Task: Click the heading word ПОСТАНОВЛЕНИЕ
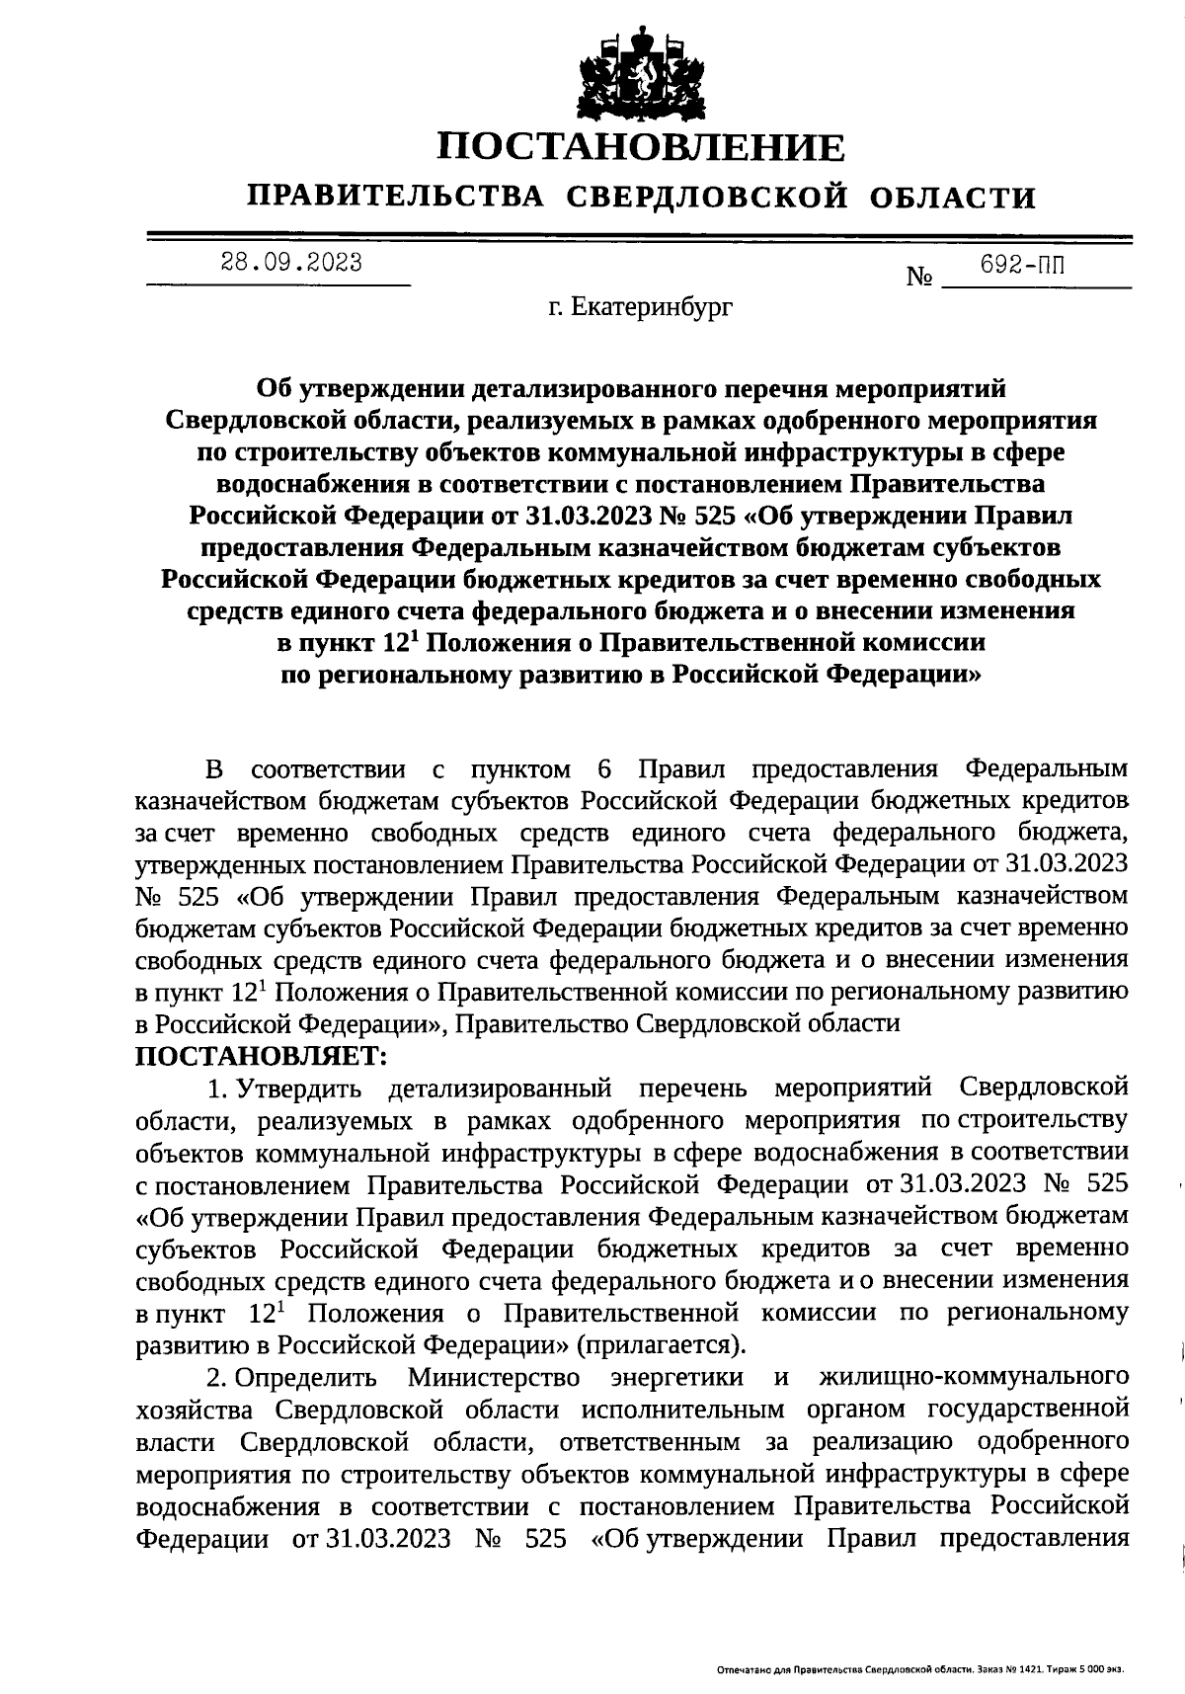point(642,148)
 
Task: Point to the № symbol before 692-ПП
point(919,278)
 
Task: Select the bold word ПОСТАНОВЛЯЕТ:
point(260,1055)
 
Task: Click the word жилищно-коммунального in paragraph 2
point(974,1376)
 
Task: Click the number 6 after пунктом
point(604,769)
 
